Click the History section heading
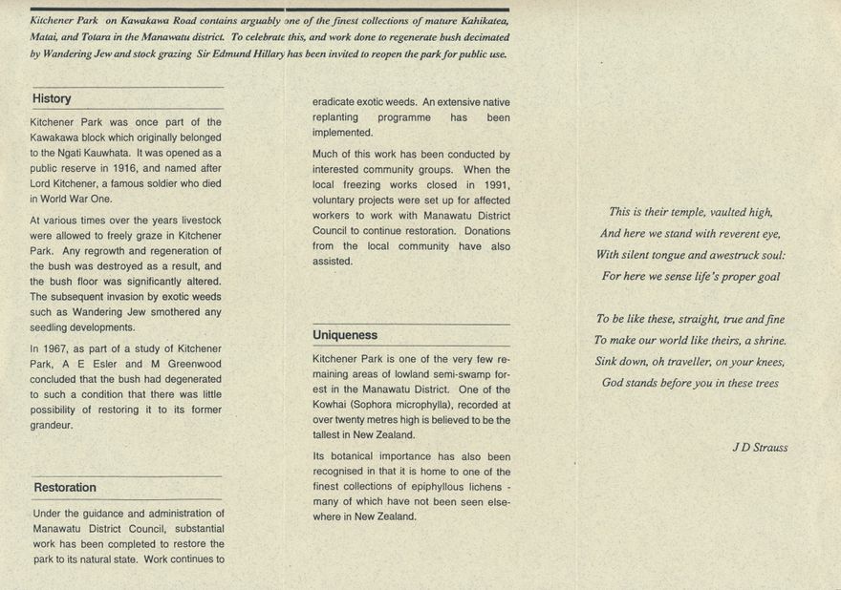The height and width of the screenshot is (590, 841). [52, 98]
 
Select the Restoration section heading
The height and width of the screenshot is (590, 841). [65, 487]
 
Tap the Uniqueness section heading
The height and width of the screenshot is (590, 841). [345, 335]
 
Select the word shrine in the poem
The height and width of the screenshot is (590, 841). [767, 340]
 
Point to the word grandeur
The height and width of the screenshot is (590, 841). [54, 425]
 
